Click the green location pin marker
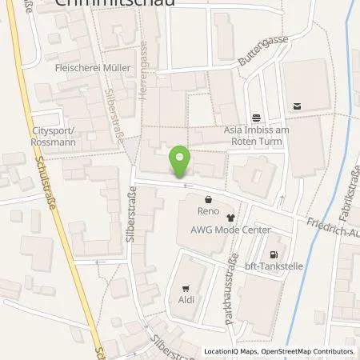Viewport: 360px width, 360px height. coord(182,162)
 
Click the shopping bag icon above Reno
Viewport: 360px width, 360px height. coord(208,200)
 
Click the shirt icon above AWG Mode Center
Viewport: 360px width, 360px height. coord(231,217)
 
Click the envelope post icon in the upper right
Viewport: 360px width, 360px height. coord(298,105)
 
